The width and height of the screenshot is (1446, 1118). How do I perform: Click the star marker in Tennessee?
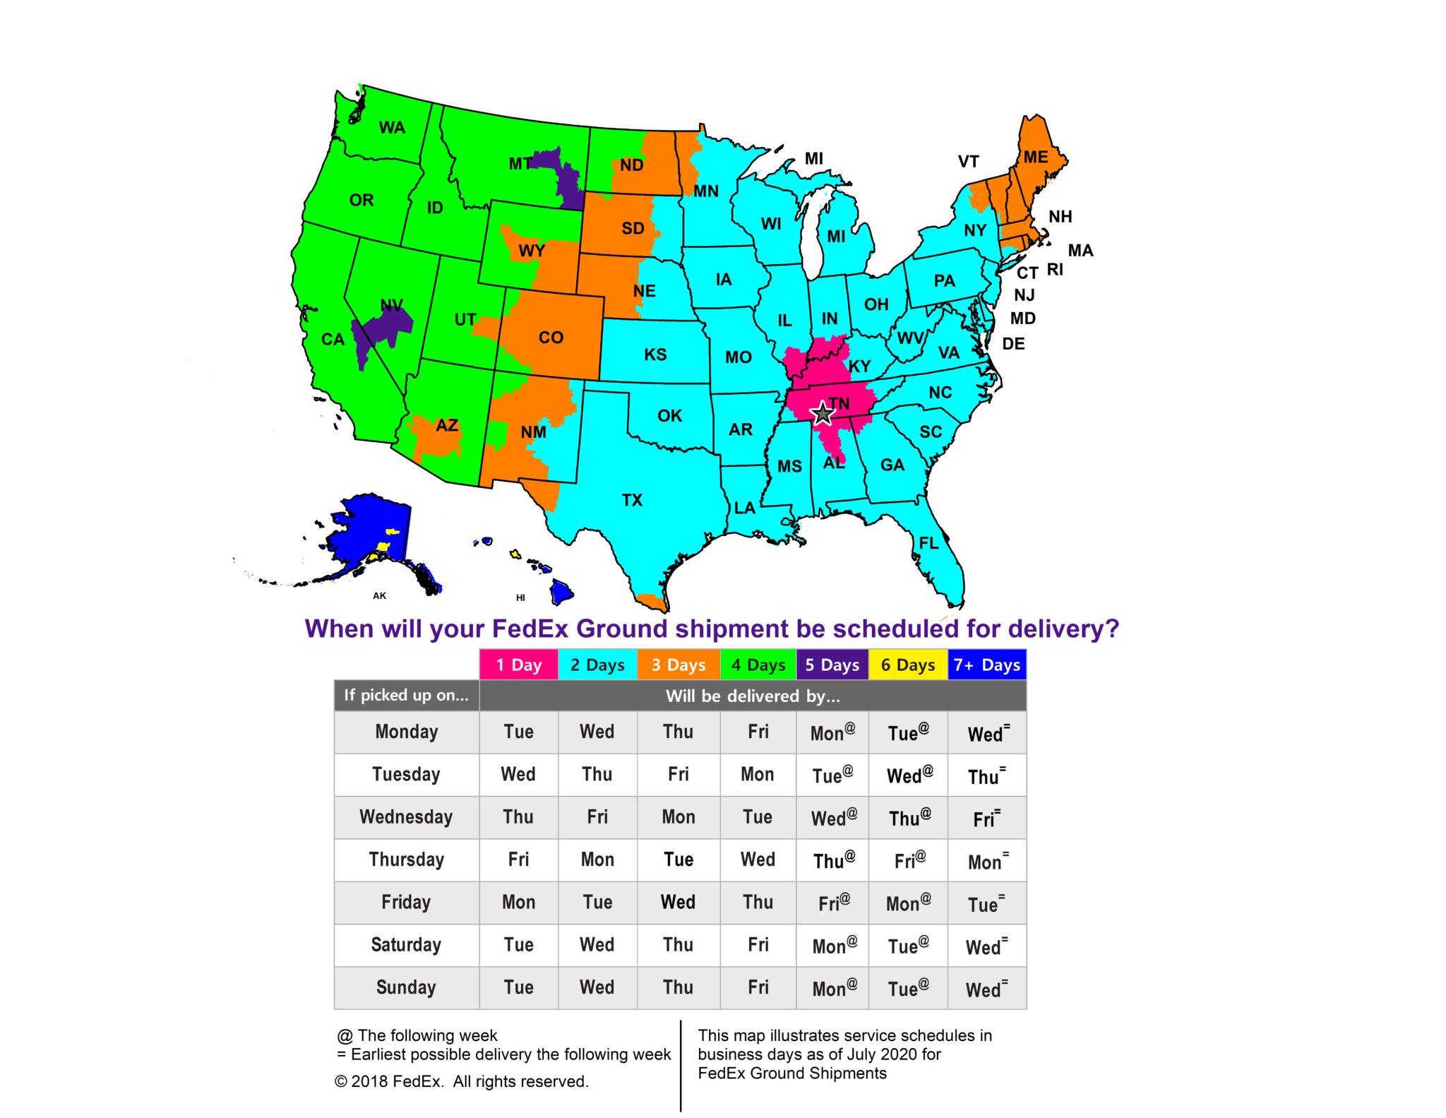823,413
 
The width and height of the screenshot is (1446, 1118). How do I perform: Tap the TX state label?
632,500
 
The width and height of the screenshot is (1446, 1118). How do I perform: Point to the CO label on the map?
551,338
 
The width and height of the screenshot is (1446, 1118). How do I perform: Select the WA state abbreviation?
392,128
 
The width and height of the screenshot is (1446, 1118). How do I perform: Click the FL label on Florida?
928,543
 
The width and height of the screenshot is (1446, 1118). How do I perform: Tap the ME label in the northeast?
1036,157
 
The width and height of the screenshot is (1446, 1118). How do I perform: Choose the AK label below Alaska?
380,595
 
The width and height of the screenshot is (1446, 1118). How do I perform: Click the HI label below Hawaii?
520,597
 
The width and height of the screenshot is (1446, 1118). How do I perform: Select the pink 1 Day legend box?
519,665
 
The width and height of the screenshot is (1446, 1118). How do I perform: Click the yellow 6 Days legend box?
907,665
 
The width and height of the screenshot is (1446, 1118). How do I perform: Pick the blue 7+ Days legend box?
986,665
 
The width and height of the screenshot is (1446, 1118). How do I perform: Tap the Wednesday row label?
406,817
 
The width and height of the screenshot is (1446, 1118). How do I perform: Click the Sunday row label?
406,987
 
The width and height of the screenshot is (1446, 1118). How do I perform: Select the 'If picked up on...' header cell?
406,696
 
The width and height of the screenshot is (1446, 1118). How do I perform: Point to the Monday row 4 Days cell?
758,732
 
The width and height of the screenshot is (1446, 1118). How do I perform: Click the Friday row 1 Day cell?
519,902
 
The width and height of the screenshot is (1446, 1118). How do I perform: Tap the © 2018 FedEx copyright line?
461,1081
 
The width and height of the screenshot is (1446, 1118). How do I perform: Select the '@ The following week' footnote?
417,1035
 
